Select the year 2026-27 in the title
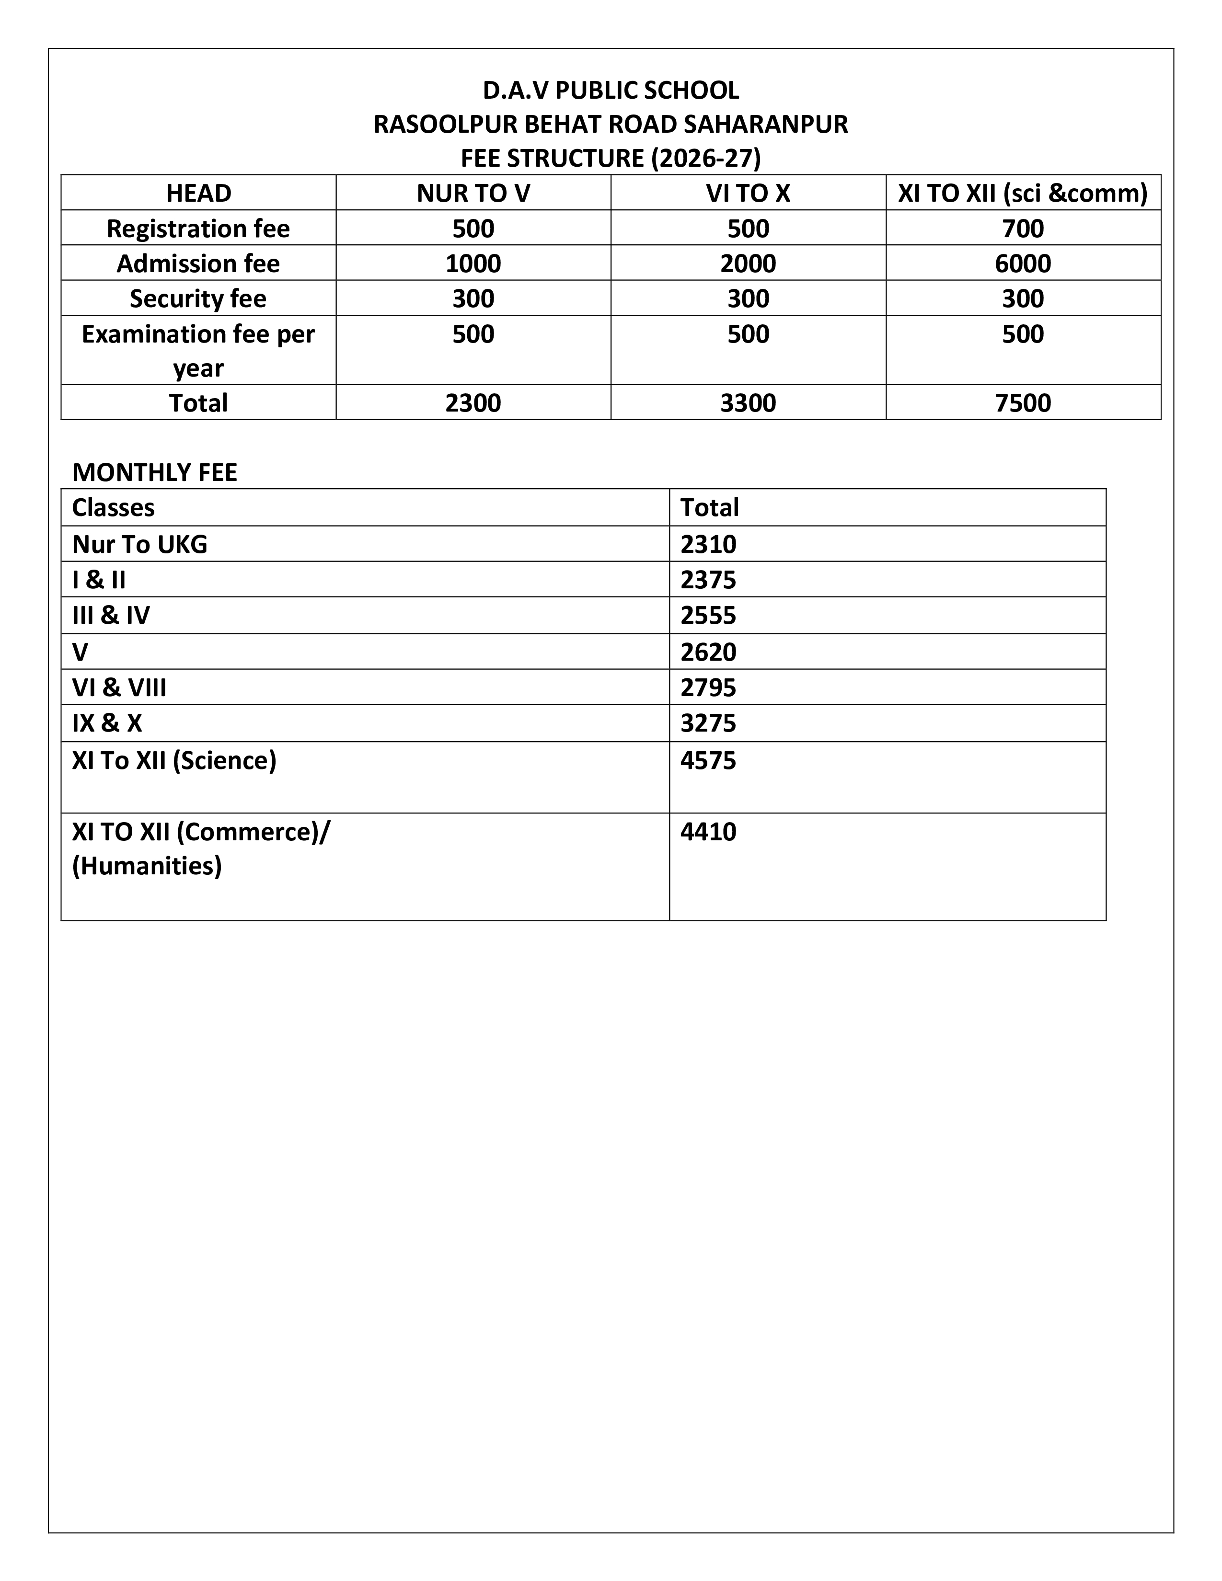[706, 158]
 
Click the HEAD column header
[198, 193]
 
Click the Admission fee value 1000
[473, 263]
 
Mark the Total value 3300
[748, 402]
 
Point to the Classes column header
[113, 507]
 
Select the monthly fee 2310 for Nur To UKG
[708, 544]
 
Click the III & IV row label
[111, 615]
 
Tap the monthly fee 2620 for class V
[708, 652]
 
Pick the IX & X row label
[107, 723]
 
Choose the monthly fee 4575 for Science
[708, 761]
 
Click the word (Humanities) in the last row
[147, 866]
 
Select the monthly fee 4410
[708, 832]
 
